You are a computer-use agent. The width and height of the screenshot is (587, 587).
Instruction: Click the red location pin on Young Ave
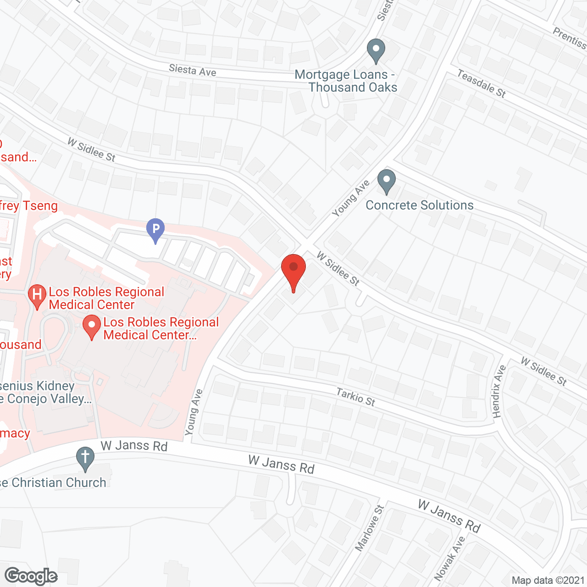[293, 271]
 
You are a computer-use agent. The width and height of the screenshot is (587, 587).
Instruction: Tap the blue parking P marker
[155, 229]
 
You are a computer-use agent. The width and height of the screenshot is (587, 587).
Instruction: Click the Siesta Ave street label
[192, 70]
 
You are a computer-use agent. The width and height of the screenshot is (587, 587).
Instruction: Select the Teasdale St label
[482, 83]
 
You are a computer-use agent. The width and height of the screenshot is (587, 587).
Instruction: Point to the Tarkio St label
[355, 397]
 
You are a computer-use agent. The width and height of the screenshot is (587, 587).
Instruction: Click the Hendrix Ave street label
[499, 391]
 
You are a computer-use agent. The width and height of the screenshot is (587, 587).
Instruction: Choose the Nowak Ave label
[449, 559]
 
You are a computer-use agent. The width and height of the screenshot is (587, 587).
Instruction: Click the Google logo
[31, 576]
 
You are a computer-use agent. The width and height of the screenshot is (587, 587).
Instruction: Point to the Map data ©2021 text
[548, 581]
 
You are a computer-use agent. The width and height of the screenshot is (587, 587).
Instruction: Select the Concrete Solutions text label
[419, 205]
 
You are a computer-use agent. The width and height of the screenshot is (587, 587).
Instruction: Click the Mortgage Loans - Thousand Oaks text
[347, 81]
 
